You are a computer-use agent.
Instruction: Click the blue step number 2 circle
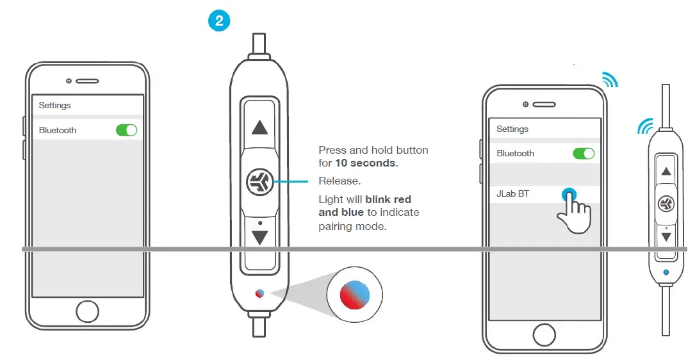click(x=219, y=20)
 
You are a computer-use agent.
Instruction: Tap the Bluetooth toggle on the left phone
click(x=126, y=130)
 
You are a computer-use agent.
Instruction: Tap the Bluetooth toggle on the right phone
click(x=583, y=154)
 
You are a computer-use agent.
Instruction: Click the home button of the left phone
click(x=87, y=312)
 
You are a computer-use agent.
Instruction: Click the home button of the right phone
click(x=544, y=334)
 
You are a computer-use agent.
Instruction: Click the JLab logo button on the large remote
click(x=259, y=182)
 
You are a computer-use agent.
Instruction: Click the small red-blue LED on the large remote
click(x=259, y=293)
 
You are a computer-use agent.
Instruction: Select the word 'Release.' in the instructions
click(x=339, y=181)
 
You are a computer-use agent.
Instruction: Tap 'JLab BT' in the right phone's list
click(x=512, y=193)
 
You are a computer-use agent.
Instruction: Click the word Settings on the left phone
click(x=54, y=105)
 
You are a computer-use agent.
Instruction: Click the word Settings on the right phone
click(x=512, y=129)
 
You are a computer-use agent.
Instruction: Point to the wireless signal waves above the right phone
click(x=610, y=79)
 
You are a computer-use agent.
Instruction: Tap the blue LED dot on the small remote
click(x=666, y=272)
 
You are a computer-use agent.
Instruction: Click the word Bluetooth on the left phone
click(x=58, y=130)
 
